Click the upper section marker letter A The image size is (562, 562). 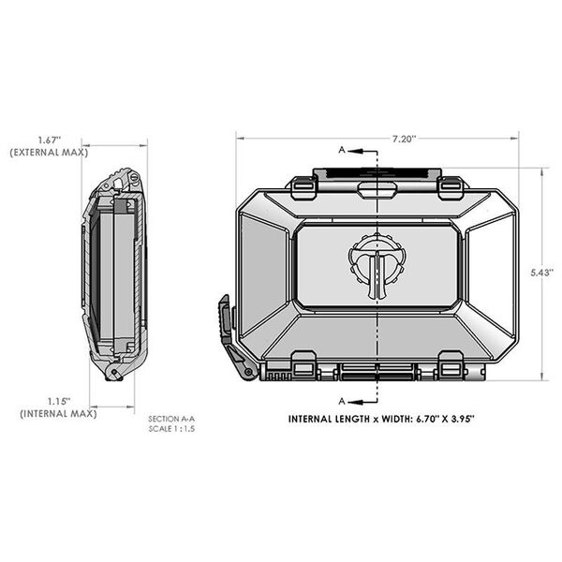343,150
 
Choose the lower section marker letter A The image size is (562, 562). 343,396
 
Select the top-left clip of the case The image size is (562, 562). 302,186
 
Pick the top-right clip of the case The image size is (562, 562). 450,186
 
